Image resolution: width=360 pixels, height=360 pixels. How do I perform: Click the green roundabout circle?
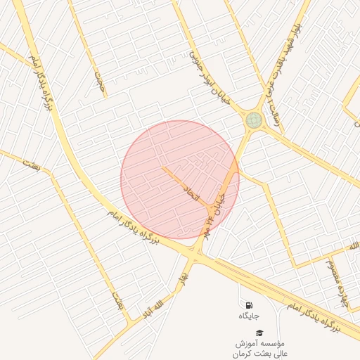[x=253, y=120]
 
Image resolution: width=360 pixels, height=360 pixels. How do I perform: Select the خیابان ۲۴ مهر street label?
[x=214, y=207]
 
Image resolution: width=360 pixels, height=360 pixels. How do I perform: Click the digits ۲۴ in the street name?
[x=210, y=219]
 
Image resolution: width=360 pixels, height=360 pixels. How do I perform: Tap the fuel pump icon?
[x=249, y=305]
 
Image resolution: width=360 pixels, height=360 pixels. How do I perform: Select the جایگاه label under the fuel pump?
[x=249, y=316]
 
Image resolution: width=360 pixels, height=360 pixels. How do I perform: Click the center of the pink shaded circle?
[x=180, y=179]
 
